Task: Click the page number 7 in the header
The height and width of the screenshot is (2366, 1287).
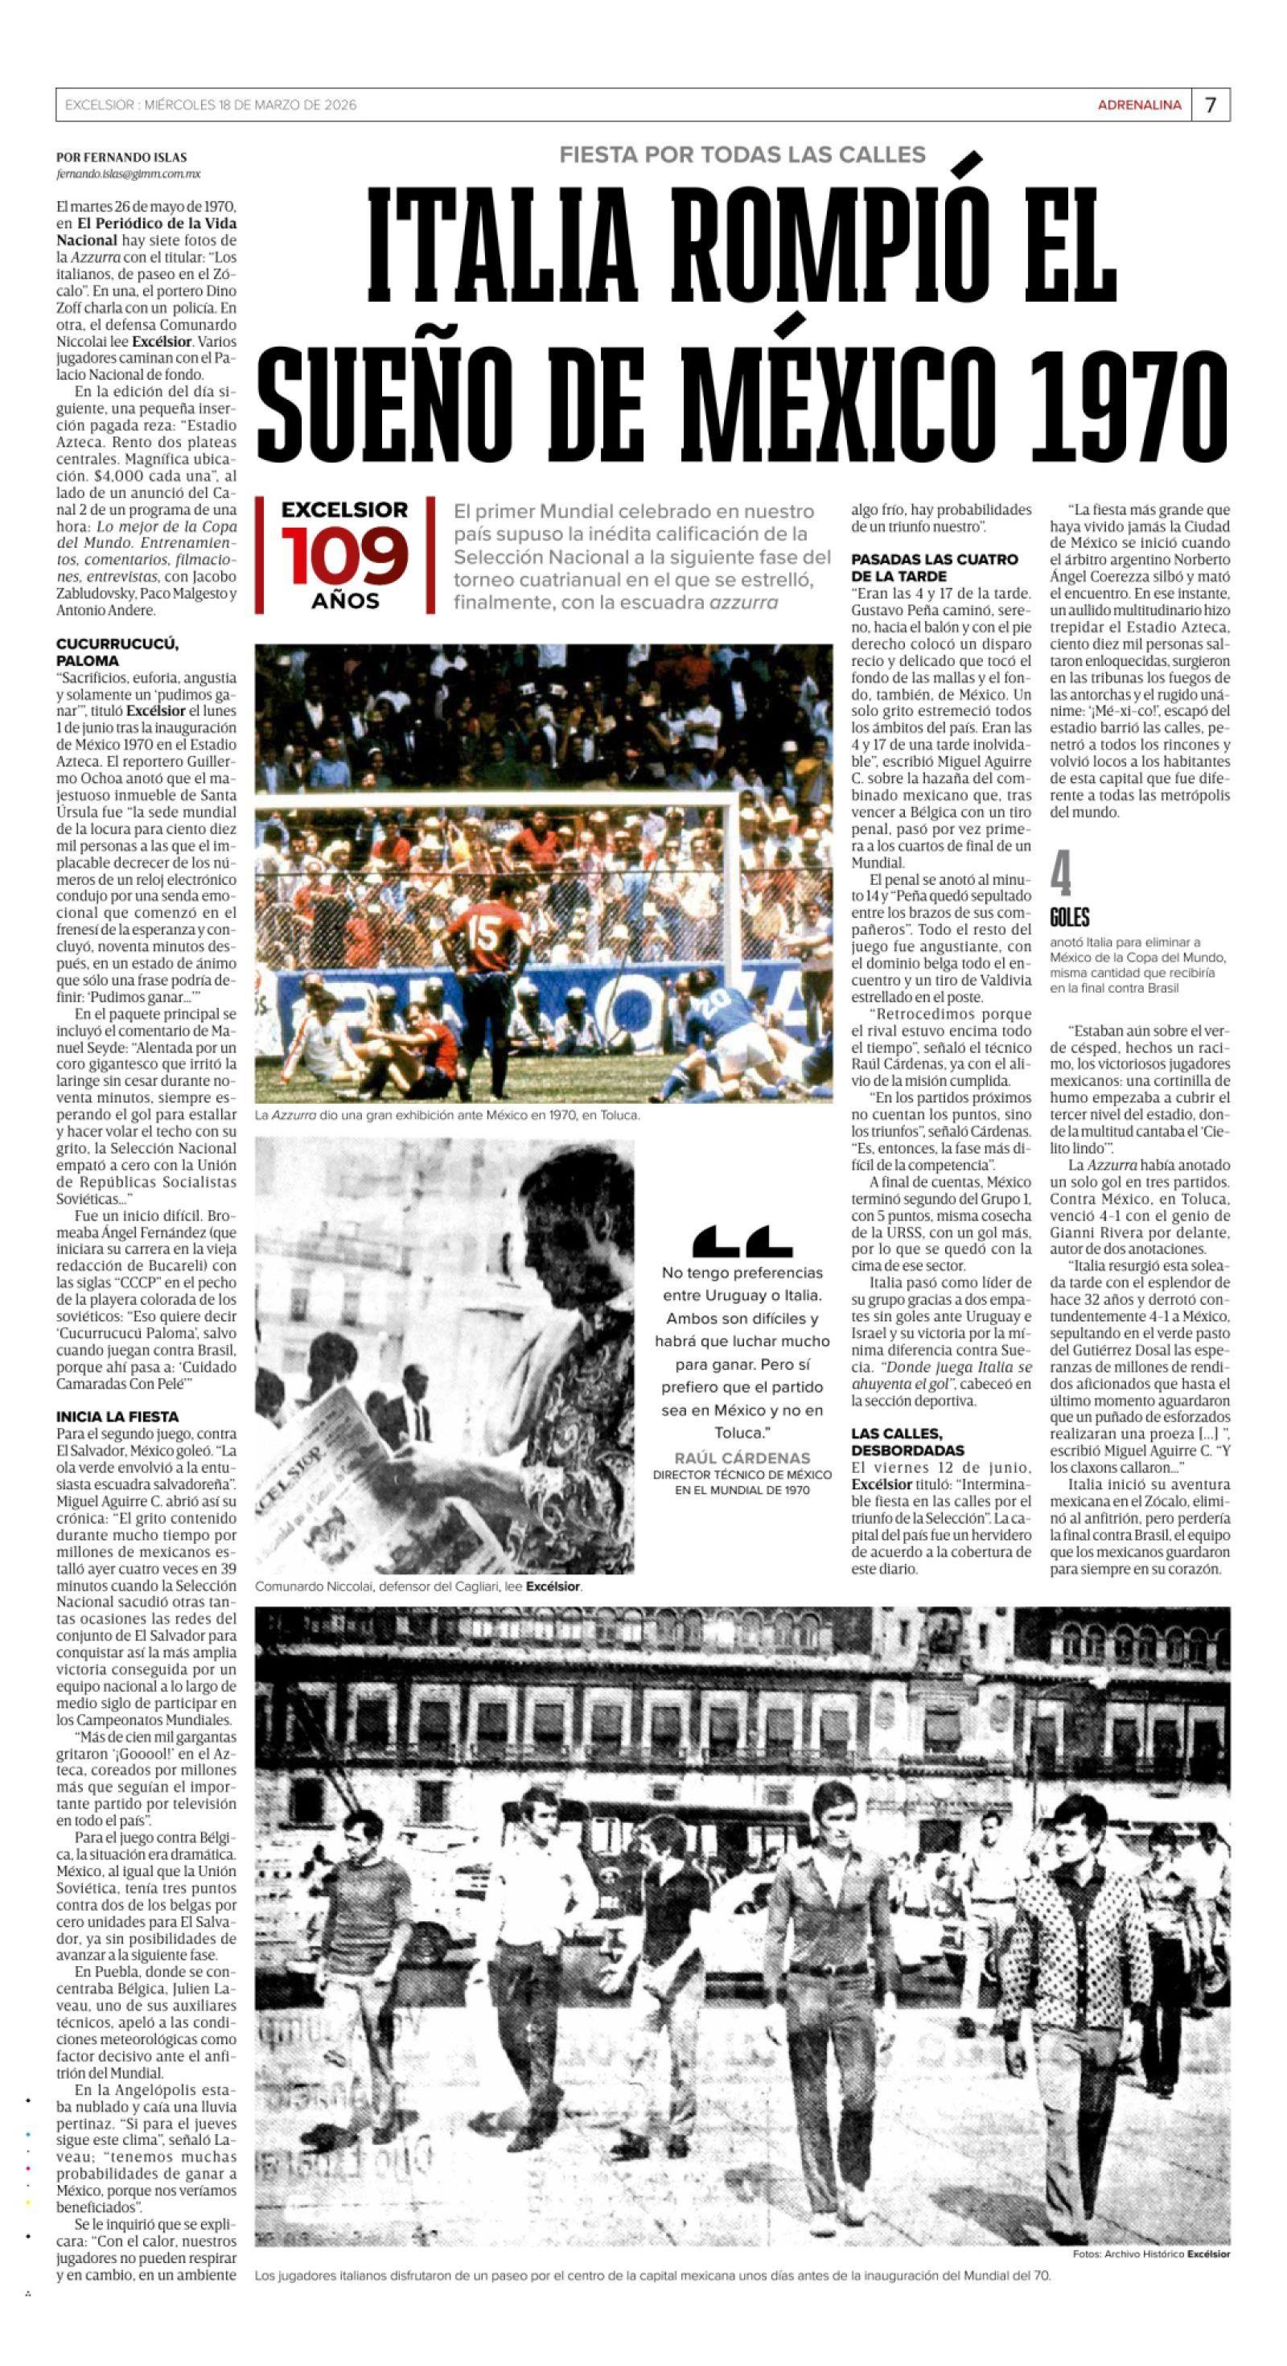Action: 1210,105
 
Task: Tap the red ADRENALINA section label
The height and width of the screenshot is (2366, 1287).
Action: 1139,105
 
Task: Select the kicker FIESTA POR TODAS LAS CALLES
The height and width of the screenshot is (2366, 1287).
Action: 742,154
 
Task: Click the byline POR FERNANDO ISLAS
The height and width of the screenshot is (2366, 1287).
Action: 121,158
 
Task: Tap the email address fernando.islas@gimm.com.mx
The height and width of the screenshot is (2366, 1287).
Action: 129,174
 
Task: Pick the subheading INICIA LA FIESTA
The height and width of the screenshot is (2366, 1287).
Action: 117,1416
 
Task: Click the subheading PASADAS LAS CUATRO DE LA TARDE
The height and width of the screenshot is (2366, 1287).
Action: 934,566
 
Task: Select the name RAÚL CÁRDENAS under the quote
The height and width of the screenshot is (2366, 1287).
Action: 742,1458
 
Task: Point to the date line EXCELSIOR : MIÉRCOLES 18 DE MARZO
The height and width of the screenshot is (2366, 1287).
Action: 211,105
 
